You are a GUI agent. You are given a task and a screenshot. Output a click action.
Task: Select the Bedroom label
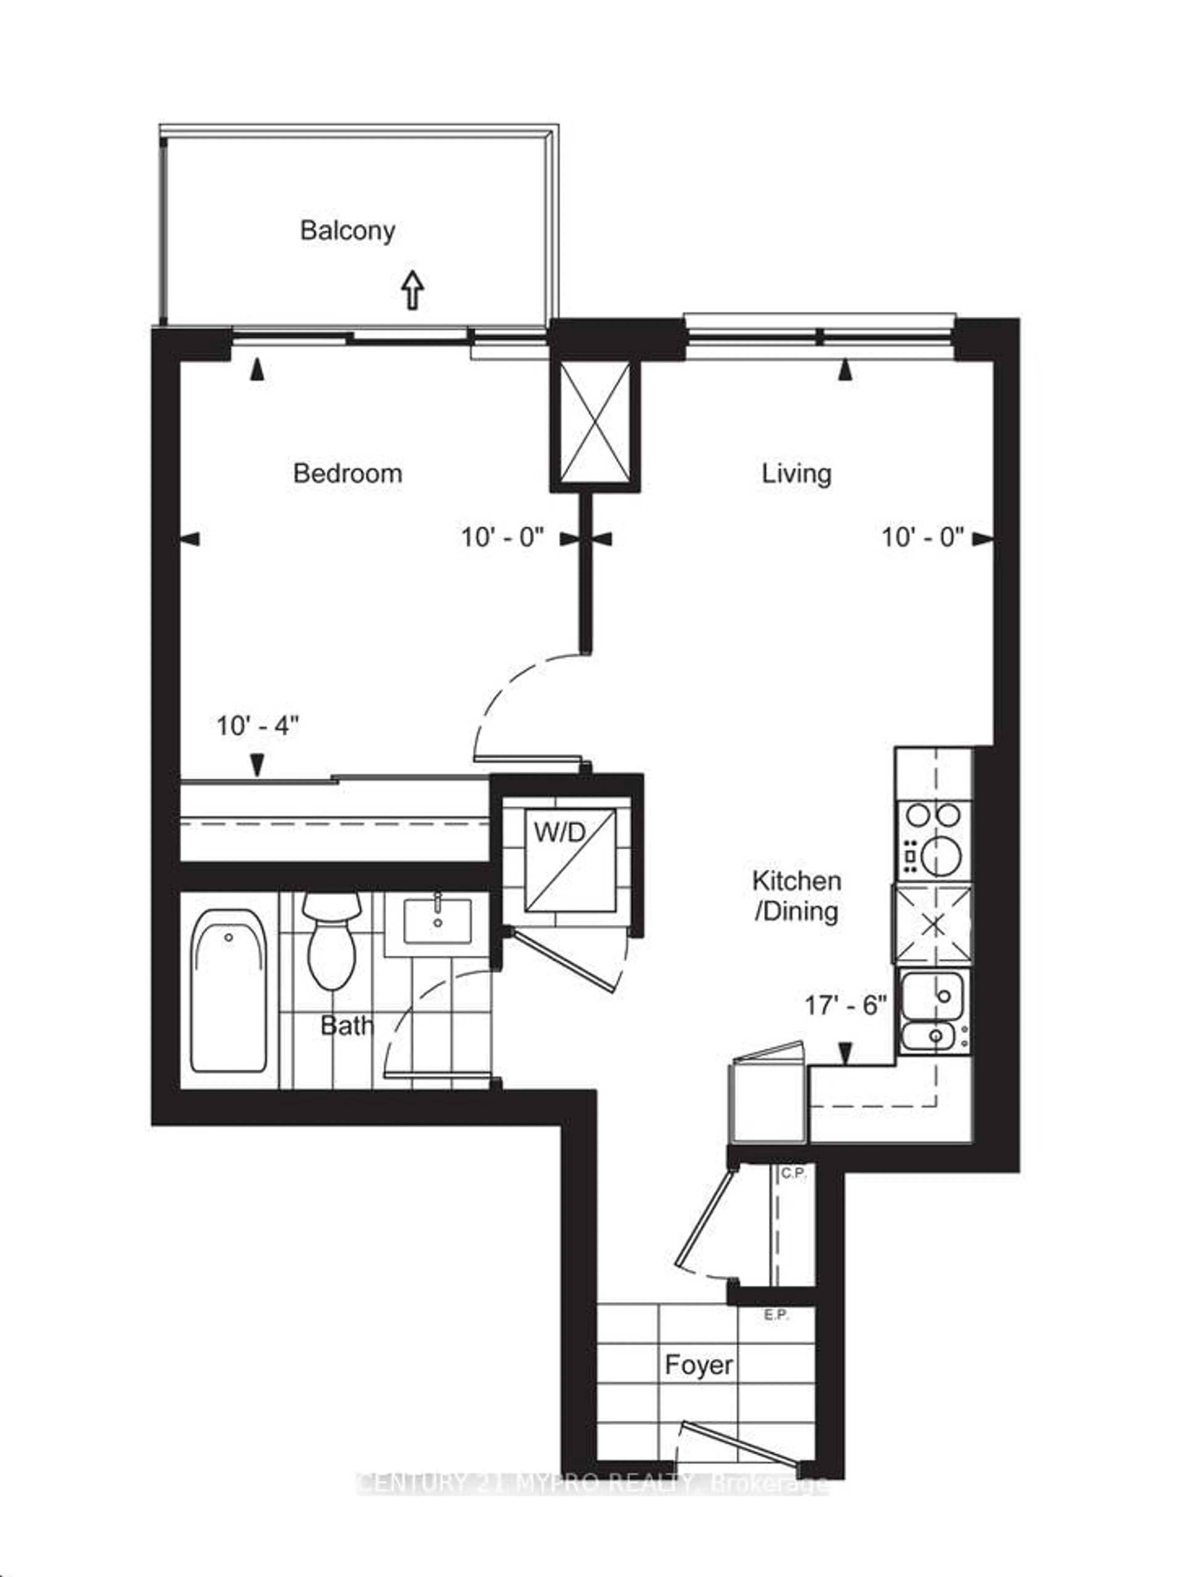click(347, 473)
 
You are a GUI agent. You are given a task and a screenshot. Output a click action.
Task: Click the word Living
click(796, 473)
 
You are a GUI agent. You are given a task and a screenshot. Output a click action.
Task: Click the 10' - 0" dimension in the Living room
click(922, 537)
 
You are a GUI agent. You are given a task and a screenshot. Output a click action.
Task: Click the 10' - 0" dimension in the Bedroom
click(502, 537)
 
